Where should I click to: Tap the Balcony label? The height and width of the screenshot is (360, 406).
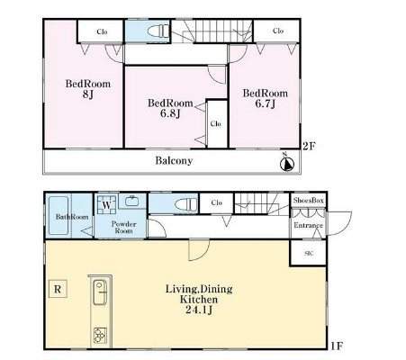pos(174,161)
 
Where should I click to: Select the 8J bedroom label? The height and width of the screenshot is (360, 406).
pos(88,89)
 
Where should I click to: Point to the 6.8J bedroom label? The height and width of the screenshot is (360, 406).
pos(170,108)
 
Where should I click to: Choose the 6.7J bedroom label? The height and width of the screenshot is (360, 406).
pos(266,98)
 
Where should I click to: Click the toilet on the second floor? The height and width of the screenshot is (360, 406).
pos(158,31)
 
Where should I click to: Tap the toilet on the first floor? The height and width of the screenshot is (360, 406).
pos(186,204)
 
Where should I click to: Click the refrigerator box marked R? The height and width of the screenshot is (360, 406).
pos(58,289)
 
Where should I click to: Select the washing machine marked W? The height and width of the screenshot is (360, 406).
pos(106,205)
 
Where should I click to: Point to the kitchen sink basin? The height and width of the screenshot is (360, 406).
pos(100,292)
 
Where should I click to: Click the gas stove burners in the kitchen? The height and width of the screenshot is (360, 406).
pos(100,336)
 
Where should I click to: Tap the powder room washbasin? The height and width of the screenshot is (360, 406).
pos(131,201)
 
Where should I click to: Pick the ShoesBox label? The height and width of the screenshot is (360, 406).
pos(309,201)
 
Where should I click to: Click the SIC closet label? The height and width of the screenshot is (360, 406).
pos(309,254)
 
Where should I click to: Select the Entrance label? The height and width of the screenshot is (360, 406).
pos(308,225)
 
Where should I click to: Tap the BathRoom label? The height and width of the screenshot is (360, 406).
pos(72,217)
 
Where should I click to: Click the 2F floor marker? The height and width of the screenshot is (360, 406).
pos(309,146)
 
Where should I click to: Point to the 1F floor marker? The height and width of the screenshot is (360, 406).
pos(337,346)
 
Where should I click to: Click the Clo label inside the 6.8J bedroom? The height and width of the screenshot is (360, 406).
pos(216,123)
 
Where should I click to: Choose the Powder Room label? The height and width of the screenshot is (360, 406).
pos(123,228)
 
